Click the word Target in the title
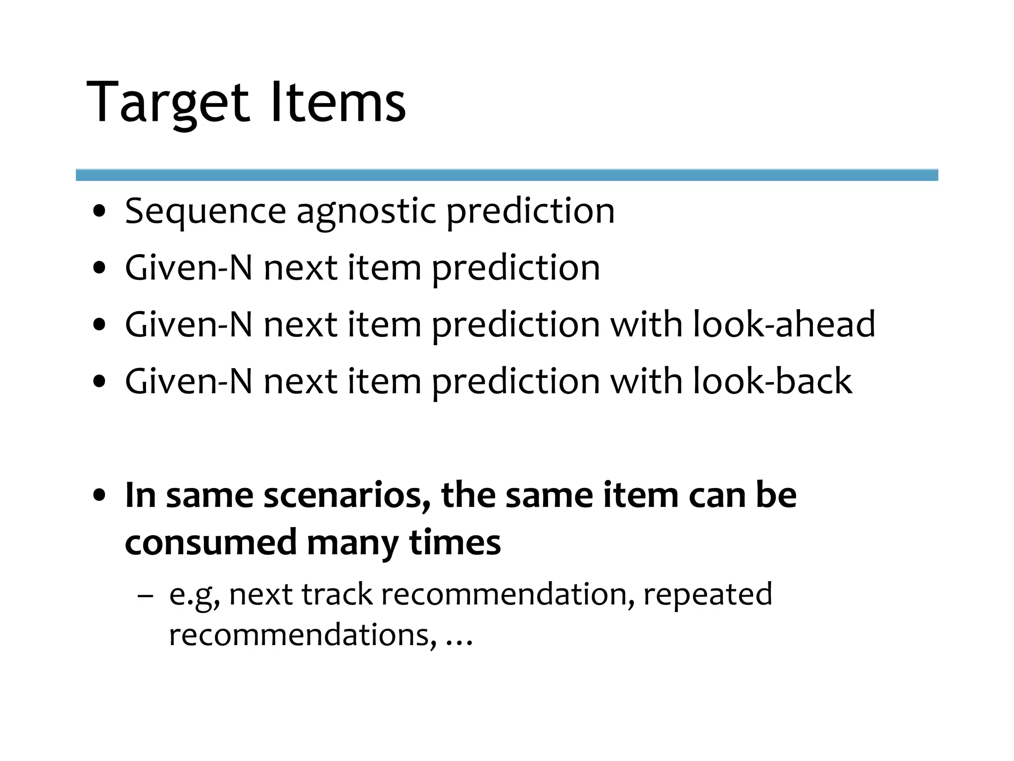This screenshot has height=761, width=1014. click(167, 103)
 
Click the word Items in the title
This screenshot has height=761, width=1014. click(338, 103)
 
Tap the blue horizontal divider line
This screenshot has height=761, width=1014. click(507, 175)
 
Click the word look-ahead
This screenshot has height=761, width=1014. click(784, 325)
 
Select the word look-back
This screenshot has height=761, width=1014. click(772, 381)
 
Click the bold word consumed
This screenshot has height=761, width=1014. click(210, 542)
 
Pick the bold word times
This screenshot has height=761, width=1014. click(455, 542)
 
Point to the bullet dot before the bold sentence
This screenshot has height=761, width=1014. click(100, 495)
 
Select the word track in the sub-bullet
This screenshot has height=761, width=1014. click(337, 595)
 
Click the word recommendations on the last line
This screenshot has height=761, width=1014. click(303, 635)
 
